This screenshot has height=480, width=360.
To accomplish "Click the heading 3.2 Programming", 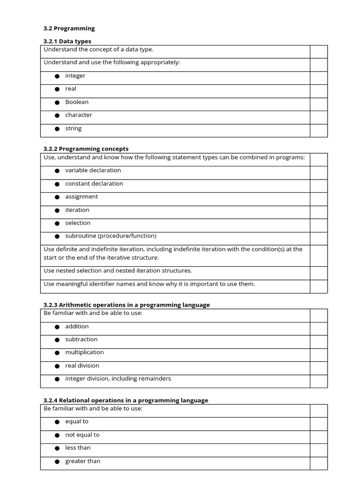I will click(x=69, y=28).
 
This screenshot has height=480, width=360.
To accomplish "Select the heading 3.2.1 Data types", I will click(x=67, y=41).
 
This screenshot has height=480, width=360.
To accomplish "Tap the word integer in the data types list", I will click(x=75, y=75).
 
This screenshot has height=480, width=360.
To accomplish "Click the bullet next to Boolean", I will click(x=57, y=102).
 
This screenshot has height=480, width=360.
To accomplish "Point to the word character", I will click(x=78, y=115).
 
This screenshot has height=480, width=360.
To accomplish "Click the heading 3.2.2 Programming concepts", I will click(x=86, y=149).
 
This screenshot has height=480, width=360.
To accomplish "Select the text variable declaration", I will click(x=93, y=170).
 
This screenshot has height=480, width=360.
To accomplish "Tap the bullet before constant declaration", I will click(x=57, y=184).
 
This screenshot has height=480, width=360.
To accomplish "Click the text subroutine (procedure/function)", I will click(x=111, y=236).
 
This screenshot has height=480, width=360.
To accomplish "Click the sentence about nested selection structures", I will click(x=118, y=270).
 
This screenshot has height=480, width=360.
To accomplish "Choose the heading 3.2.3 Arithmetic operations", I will click(x=127, y=305).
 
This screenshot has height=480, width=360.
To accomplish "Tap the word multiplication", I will click(x=84, y=352).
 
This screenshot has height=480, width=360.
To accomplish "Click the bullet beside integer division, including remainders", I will click(x=57, y=379).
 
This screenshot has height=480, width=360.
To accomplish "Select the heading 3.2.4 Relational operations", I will click(x=126, y=400).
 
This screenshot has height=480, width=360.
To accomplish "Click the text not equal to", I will click(x=82, y=435).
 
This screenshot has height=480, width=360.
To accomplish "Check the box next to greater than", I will click(x=318, y=463).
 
